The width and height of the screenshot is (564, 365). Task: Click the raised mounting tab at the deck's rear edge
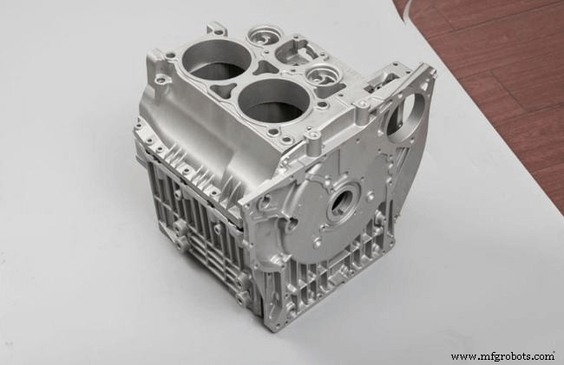217,29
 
